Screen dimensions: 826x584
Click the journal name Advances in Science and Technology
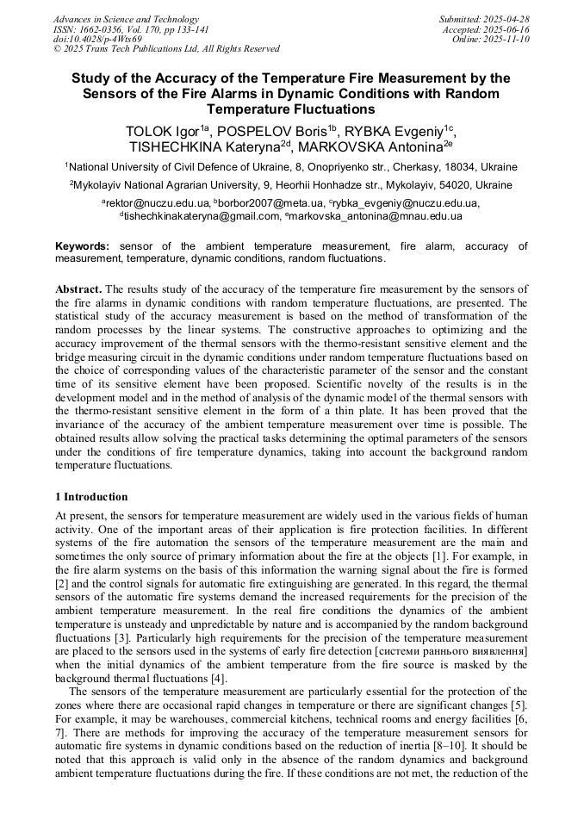pyautogui.click(x=126, y=19)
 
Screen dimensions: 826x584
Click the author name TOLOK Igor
pyautogui.click(x=164, y=132)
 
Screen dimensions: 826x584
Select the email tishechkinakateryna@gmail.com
pyautogui.click(x=202, y=216)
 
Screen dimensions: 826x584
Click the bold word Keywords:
pyautogui.click(x=82, y=246)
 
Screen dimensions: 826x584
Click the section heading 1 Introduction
pyautogui.click(x=91, y=497)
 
